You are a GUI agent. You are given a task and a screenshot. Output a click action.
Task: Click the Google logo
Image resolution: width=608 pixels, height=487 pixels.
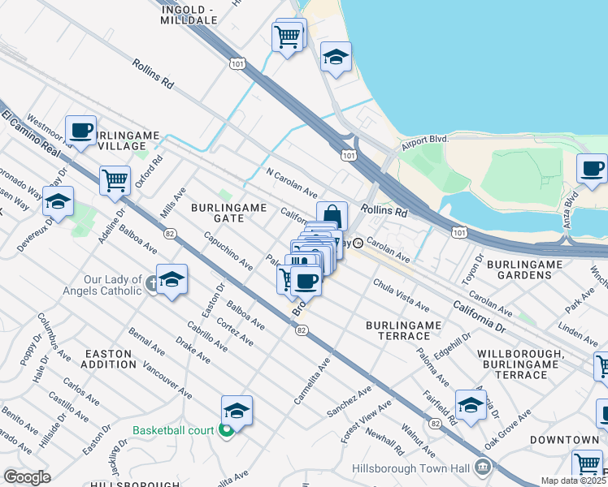(26, 477)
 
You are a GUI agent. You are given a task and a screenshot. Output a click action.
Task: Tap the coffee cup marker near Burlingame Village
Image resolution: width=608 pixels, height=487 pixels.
(80, 130)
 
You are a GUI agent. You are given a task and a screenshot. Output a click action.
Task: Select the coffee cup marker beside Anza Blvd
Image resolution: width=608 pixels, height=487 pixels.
(592, 168)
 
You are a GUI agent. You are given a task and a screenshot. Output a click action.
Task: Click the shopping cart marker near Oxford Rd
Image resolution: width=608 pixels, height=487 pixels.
(115, 179)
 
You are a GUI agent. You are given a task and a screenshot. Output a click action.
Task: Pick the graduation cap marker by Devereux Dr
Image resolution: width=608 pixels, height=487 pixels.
(58, 200)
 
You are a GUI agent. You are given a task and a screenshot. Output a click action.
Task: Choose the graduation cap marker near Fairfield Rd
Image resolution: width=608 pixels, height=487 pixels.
(471, 404)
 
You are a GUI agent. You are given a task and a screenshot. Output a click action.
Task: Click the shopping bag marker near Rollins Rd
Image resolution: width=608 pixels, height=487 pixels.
(332, 216)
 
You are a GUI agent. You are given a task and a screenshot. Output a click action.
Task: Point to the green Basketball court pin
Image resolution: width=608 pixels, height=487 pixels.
(227, 429)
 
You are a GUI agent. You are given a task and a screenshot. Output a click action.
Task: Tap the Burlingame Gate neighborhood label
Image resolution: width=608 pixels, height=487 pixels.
(228, 213)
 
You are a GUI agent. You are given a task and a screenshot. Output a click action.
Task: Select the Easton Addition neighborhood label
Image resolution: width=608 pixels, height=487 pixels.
(108, 359)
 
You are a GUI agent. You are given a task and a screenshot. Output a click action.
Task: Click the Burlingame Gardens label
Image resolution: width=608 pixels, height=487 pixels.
(519, 269)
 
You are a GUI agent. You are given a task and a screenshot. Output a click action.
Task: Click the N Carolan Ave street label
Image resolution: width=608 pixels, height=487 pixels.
(292, 183)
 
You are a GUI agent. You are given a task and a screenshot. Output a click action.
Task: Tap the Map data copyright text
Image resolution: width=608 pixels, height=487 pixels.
(573, 481)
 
